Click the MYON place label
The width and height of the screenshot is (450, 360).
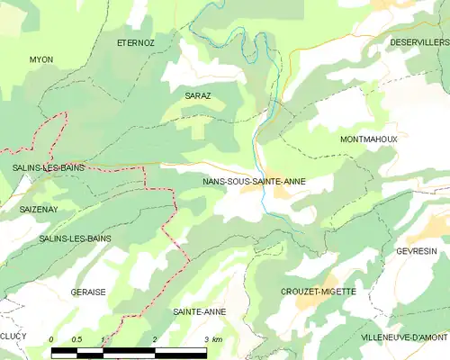(41, 59)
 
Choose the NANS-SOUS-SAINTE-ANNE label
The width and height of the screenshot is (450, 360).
(255, 181)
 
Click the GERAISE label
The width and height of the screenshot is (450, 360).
(88, 292)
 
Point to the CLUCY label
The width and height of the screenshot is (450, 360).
(13, 336)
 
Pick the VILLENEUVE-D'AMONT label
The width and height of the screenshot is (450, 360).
(403, 337)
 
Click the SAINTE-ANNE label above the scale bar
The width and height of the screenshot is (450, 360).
(199, 311)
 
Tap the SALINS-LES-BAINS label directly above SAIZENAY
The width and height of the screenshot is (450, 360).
(37, 167)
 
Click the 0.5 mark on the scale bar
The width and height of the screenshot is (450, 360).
(78, 339)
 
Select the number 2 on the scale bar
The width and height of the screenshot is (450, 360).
(155, 339)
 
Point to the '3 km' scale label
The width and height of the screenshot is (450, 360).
(213, 339)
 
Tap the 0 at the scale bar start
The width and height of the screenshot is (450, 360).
(52, 339)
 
